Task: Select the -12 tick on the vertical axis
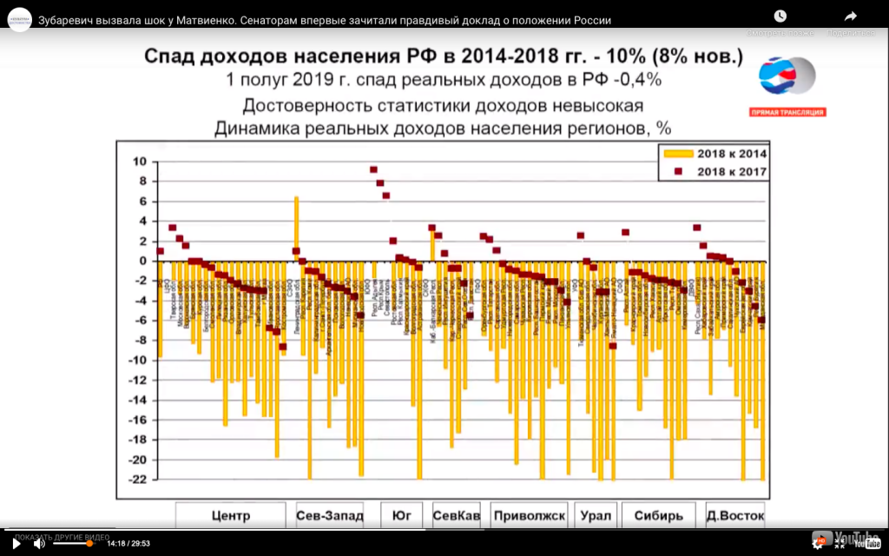[138, 381]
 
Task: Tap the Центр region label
[231, 515]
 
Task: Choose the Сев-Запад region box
[329, 515]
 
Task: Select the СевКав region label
[457, 515]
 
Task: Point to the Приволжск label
[529, 515]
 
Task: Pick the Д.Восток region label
[734, 515]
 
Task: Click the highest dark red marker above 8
[373, 170]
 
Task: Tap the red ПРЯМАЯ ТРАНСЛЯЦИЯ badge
[787, 112]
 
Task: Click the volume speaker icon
[39, 543]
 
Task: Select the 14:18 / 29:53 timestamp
[129, 543]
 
